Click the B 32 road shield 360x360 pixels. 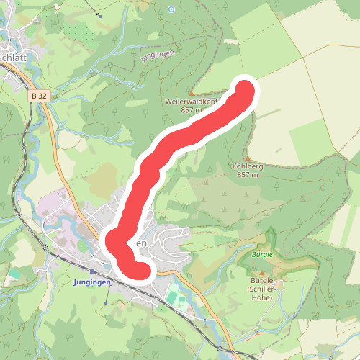click(39, 95)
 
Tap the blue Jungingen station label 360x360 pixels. click(92, 282)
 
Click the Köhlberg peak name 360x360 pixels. click(248, 166)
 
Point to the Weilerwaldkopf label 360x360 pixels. click(192, 102)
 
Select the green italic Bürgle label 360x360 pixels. click(262, 255)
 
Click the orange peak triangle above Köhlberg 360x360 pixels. click(247, 158)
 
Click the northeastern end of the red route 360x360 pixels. click(245, 92)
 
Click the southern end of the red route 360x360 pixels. click(142, 271)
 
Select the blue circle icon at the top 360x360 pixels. click(171, 9)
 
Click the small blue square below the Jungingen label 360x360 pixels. click(106, 303)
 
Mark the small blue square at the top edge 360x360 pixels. click(100, 16)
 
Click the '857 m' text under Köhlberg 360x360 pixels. click(247, 175)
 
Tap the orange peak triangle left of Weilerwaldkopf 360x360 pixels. click(191, 94)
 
